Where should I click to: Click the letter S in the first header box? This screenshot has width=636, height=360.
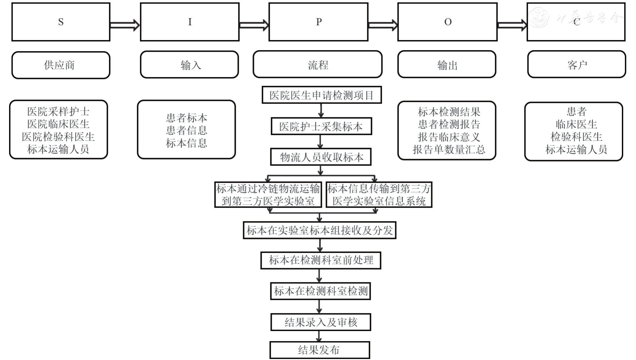[x=61, y=22]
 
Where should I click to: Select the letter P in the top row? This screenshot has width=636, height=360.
[x=319, y=22]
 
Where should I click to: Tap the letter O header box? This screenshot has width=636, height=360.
[x=447, y=22]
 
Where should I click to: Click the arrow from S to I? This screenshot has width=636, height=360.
[x=124, y=25]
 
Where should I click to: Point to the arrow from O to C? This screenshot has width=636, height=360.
[x=512, y=25]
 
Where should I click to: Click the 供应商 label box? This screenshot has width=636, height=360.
[x=61, y=65]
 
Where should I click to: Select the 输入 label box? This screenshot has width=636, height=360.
[x=190, y=65]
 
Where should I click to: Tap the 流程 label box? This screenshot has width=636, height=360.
[x=317, y=64]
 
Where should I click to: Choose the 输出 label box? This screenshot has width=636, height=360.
[x=447, y=65]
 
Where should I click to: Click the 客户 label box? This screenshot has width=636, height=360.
[x=576, y=64]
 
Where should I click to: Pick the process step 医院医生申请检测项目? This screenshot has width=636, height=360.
[x=322, y=95]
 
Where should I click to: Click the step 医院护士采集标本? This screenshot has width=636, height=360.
[x=321, y=127]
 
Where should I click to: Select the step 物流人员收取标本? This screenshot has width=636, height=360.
[x=321, y=157]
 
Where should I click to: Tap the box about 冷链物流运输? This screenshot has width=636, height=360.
[x=268, y=195]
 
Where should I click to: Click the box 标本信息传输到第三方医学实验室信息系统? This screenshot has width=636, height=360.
[x=379, y=195]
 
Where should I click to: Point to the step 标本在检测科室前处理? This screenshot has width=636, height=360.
[x=321, y=260]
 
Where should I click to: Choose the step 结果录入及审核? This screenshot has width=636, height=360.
[x=321, y=322]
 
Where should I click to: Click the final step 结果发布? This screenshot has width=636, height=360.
[x=320, y=350]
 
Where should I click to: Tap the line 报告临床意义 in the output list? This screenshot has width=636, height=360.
[x=449, y=137]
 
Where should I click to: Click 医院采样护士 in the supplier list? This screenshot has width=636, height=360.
[x=58, y=111]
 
